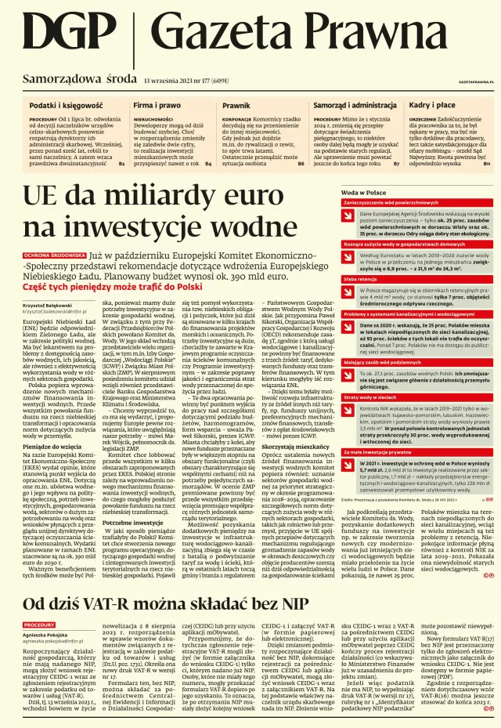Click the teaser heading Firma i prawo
coord(157,104)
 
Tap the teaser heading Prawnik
coord(236,104)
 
